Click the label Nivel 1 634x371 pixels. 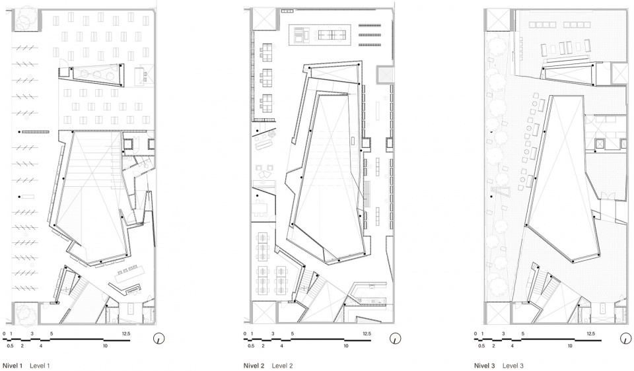point(12,366)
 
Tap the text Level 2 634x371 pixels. point(282,366)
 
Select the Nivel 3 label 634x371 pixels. point(484,366)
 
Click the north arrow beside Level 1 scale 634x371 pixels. point(160,339)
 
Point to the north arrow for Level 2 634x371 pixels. point(395,339)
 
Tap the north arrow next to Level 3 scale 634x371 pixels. point(625,339)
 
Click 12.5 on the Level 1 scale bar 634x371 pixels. point(125,334)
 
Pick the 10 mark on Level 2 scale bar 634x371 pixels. point(346,346)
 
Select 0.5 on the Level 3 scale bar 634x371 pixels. point(481,346)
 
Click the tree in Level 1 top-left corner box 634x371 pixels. point(27,18)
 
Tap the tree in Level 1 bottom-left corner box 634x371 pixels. point(26,312)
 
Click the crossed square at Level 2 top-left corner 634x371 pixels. point(264,19)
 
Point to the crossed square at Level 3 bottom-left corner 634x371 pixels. point(497,312)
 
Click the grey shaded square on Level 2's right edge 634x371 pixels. point(384,75)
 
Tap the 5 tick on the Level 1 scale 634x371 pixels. point(52,334)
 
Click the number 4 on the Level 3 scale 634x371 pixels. point(512,346)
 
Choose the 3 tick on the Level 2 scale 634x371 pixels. point(273,334)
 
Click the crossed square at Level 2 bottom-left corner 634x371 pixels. point(264,312)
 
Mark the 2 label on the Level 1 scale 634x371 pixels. point(22,346)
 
